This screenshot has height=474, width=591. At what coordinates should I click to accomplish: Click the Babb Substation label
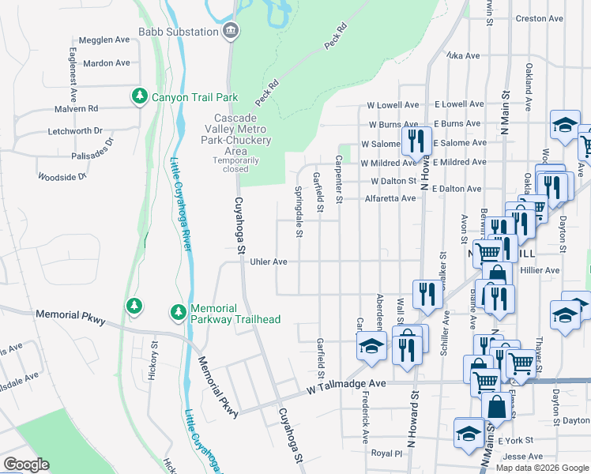coord(178,32)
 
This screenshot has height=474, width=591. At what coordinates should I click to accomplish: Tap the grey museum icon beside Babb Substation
coord(231,32)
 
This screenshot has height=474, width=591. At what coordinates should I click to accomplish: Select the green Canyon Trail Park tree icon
coord(140,96)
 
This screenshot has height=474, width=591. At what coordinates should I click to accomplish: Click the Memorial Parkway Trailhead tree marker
coord(178,313)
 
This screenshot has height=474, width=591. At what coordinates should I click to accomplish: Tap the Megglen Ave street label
coord(104,39)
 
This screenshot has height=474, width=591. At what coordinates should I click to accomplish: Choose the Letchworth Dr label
coord(75,130)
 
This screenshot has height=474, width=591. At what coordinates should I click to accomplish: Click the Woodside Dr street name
coord(62,177)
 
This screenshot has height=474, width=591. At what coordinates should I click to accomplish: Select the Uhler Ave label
coord(268,261)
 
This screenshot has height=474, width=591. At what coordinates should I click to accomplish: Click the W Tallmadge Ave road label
coord(345,383)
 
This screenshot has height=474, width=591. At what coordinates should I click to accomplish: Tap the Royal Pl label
coord(387,454)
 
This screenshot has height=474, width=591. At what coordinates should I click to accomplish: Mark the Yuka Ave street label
coord(463,56)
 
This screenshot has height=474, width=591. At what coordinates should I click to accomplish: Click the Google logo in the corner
coord(26,465)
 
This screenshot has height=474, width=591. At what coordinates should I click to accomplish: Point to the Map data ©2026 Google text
coord(542,468)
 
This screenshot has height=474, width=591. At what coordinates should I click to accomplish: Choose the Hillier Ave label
coord(540,270)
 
